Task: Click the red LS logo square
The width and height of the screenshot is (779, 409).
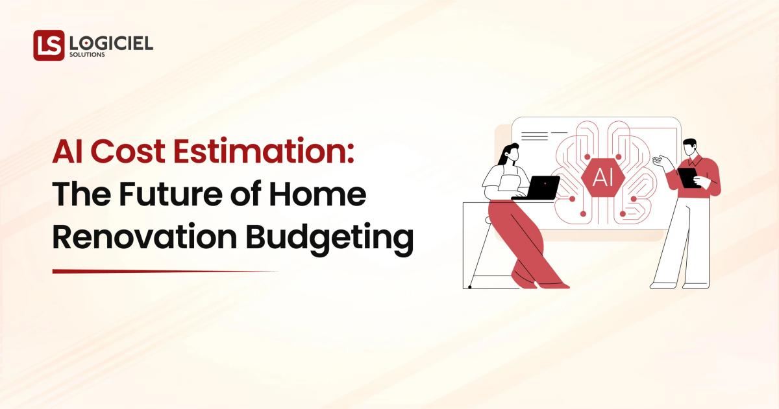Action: tap(49, 45)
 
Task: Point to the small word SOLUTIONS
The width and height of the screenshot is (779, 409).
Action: tap(87, 55)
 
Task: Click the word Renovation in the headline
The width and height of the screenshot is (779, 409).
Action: tap(142, 237)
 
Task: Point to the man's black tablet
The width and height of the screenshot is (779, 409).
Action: tap(689, 177)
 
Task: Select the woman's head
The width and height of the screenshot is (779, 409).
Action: tap(509, 154)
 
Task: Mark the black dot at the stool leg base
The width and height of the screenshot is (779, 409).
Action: tap(469, 286)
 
